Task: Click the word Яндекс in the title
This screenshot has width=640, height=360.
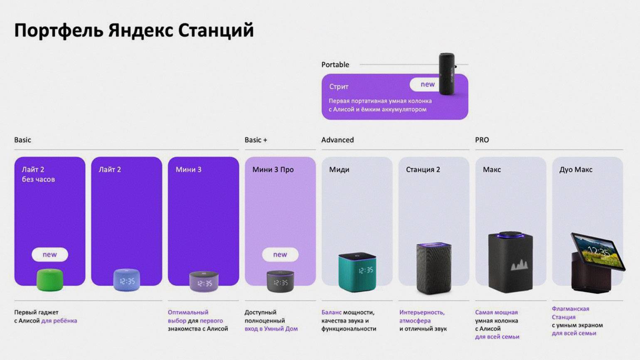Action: tap(140, 31)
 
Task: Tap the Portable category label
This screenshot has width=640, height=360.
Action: tap(335, 64)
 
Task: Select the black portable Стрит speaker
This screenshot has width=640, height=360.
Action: tap(447, 74)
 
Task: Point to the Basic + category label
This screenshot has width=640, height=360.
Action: tap(256, 140)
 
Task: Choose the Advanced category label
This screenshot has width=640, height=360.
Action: tap(337, 140)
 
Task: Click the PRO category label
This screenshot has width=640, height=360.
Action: tap(482, 140)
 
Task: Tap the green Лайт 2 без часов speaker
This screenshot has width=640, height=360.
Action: tap(50, 280)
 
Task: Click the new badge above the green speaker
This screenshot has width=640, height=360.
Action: tap(50, 254)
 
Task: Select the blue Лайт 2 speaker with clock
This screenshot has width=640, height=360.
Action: tap(127, 280)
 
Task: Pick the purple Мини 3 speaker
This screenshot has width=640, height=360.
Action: tap(204, 281)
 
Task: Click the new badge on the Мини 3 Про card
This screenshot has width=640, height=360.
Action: tap(280, 254)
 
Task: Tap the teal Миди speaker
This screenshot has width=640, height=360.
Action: tap(357, 272)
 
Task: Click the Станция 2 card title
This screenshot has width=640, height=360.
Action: tap(423, 170)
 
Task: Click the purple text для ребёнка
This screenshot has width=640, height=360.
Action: tap(59, 321)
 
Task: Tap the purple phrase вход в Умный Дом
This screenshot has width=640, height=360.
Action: tap(271, 329)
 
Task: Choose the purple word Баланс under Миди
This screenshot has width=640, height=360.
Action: tap(332, 313)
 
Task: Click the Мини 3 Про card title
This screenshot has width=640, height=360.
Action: tap(273, 170)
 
